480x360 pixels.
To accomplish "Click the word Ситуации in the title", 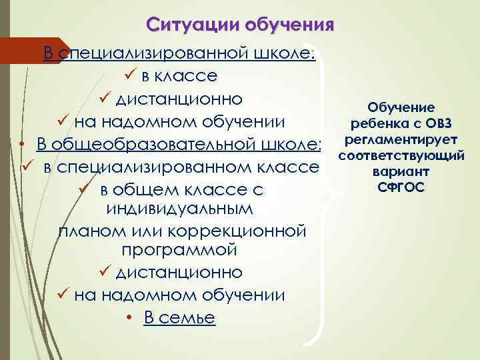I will pos(193,26).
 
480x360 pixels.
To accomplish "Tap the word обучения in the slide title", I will pos(289,26).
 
